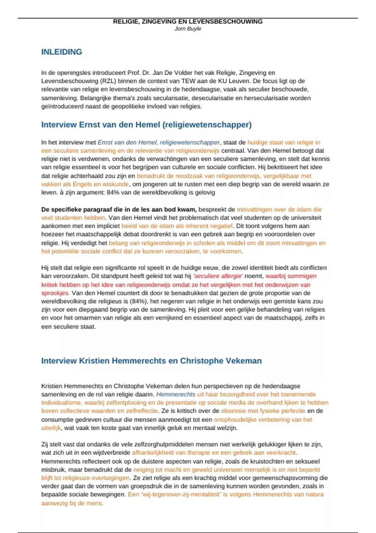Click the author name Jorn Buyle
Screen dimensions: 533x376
pos(188,29)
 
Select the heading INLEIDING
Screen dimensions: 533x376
pos(61,52)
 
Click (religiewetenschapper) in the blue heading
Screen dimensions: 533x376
pos(207,125)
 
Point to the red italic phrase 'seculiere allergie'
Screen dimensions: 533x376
pos(218,276)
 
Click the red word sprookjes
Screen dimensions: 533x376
pos(55,293)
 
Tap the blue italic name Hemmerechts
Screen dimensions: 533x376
pos(175,394)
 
